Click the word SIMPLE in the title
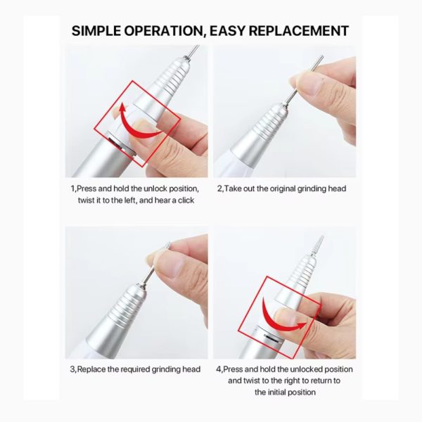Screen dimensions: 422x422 [x=96, y=31]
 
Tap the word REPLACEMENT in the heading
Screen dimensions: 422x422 [x=299, y=31]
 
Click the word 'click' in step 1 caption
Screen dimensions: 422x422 [x=186, y=200]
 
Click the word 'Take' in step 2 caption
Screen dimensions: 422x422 [x=232, y=188]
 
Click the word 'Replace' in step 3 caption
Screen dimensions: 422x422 [x=91, y=369]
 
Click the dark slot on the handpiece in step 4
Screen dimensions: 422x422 [x=272, y=338]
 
